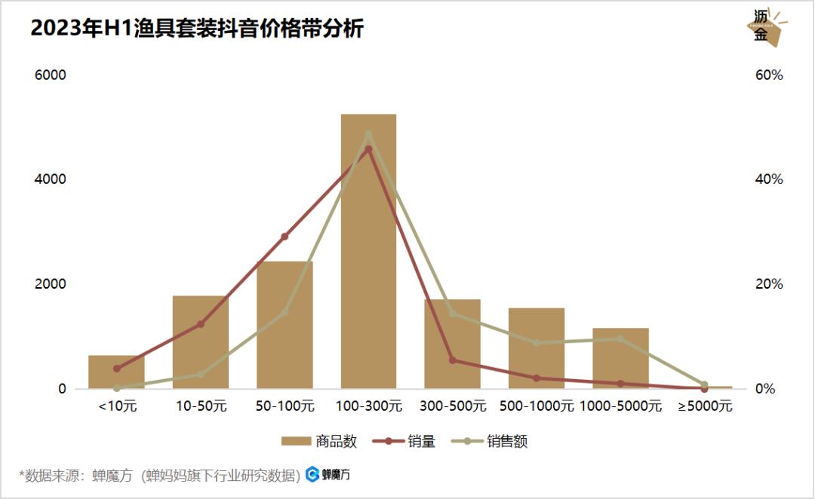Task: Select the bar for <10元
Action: coord(116,372)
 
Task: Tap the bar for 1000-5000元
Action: coord(620,359)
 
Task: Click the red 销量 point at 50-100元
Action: coord(284,237)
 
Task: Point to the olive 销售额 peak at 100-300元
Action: coord(368,135)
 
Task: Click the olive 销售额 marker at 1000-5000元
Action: coord(620,339)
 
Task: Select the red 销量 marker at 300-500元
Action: coord(452,360)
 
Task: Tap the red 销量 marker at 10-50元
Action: coord(201,324)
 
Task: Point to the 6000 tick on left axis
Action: coord(51,75)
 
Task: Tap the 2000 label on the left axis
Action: coord(51,284)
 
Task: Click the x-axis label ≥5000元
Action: coord(705,406)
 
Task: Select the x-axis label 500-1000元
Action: coord(537,406)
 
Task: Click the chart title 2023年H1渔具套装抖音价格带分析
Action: coord(197,29)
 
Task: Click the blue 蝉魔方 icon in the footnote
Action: coord(312,475)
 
